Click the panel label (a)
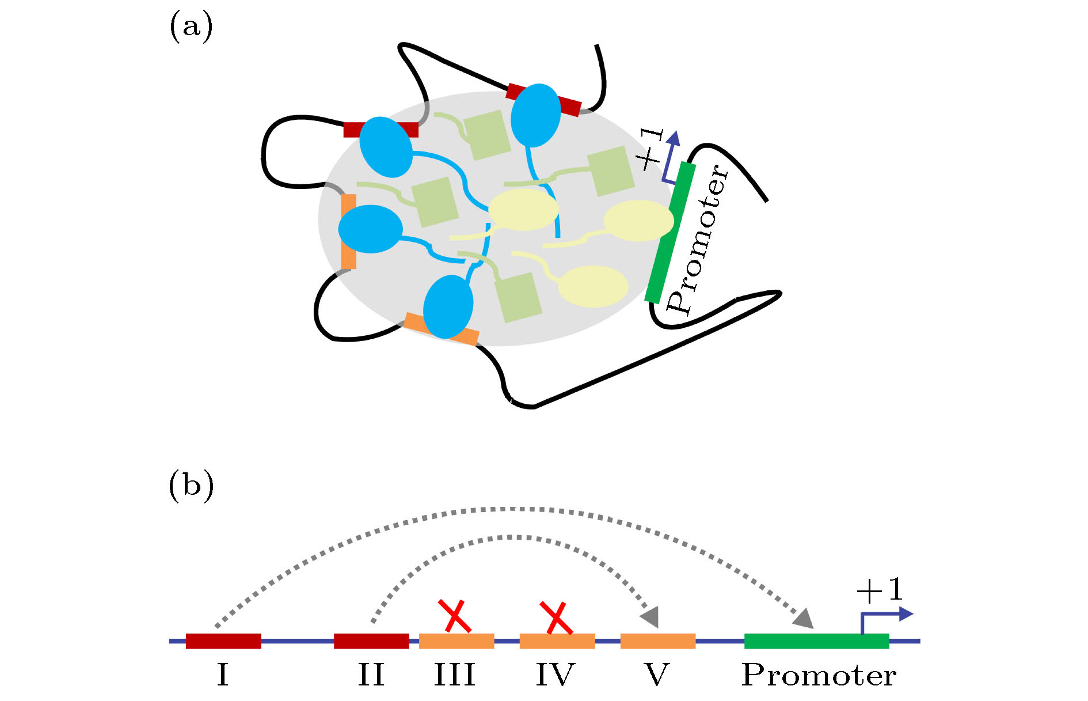pos(191,27)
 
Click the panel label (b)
pos(191,486)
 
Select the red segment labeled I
pos(223,641)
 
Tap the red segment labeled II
pos(371,641)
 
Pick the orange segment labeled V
pos(657,641)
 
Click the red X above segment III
pos(455,615)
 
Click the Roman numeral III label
pos(455,675)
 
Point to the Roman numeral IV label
pos(555,675)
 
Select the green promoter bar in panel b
pos(816,641)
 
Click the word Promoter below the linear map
pos(819,675)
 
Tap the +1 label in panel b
pos(879,590)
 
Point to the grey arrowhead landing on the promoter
pos(804,618)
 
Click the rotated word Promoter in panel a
pos(698,238)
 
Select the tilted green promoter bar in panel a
pos(670,233)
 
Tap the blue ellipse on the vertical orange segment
pos(370,229)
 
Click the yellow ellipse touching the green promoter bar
pos(638,221)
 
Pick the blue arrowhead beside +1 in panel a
pos(674,138)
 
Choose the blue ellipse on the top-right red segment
pos(535,115)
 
